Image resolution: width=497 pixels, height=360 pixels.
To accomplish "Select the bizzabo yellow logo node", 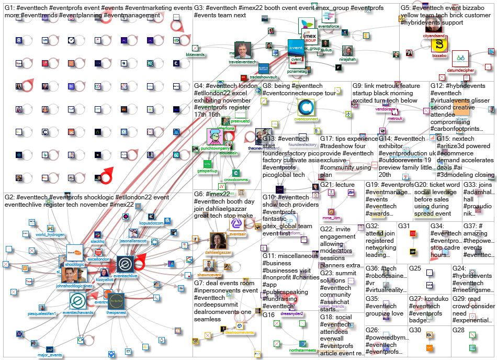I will [x=439, y=44].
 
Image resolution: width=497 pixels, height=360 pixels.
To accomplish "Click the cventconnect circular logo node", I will [x=306, y=107].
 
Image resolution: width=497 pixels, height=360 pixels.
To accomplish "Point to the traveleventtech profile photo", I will [x=242, y=51].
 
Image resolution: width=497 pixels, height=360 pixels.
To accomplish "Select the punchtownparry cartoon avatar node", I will [x=216, y=137].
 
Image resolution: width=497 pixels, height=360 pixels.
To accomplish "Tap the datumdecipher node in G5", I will [x=460, y=58].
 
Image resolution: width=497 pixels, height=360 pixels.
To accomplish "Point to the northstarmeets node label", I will [x=290, y=351].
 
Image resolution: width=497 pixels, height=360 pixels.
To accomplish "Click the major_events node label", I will [x=50, y=355].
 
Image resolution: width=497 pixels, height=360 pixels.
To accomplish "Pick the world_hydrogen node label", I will [x=49, y=235].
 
